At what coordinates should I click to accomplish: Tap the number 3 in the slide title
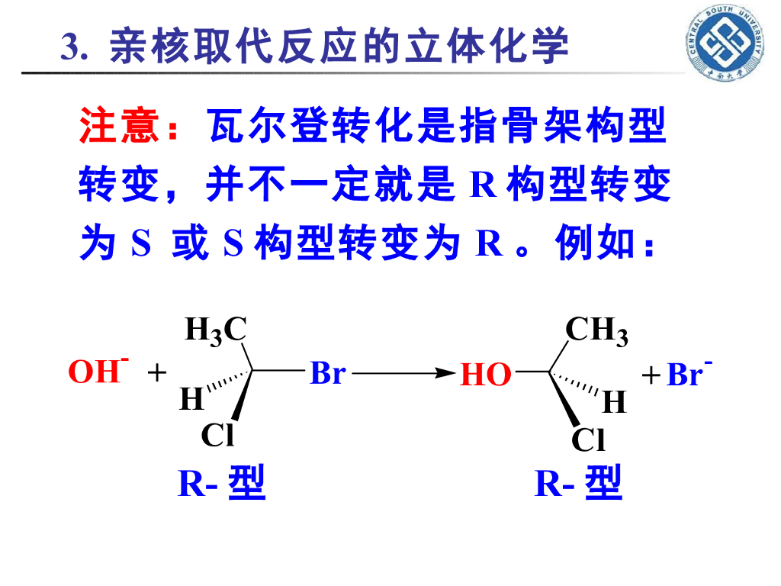pyautogui.click(x=70, y=47)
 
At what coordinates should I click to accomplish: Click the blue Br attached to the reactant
pyautogui.click(x=328, y=373)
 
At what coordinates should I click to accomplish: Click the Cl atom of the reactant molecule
pyautogui.click(x=217, y=435)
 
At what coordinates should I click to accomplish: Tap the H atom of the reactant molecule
pyautogui.click(x=191, y=398)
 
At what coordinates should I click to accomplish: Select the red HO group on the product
pyautogui.click(x=485, y=375)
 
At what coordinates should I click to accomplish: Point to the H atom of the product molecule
pyautogui.click(x=615, y=401)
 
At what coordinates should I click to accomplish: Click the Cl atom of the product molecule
pyautogui.click(x=588, y=440)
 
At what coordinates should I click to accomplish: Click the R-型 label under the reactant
pyautogui.click(x=221, y=484)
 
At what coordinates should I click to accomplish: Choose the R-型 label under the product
pyautogui.click(x=578, y=484)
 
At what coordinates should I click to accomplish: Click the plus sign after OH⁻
pyautogui.click(x=156, y=373)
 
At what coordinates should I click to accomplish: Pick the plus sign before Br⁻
pyautogui.click(x=650, y=375)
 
